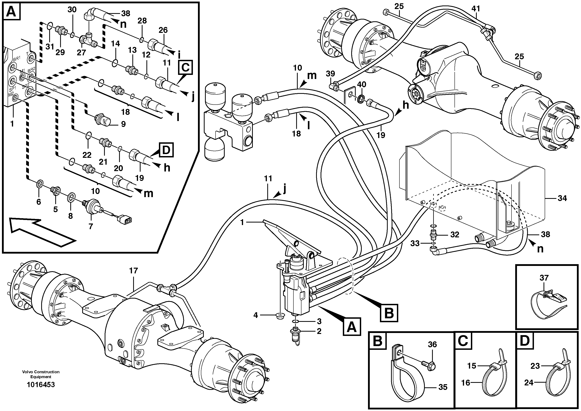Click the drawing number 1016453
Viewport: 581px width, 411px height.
tap(41, 384)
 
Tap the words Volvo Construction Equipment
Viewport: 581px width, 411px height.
tap(41, 374)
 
